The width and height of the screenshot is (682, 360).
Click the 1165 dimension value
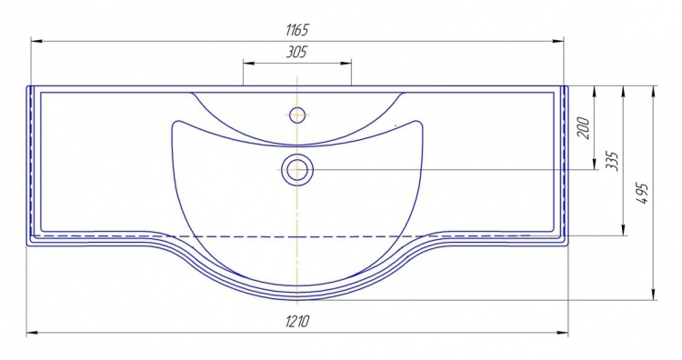(x=297, y=30)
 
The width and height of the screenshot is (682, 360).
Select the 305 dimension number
(x=296, y=52)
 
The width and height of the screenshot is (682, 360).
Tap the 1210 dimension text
(x=298, y=321)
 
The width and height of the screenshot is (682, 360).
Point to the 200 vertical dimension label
(x=584, y=128)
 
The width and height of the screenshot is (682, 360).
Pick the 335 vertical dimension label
(x=612, y=161)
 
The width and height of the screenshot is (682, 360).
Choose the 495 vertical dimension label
(x=643, y=194)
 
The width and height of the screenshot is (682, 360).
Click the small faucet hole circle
(x=297, y=115)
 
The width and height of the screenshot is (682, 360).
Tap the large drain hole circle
(x=297, y=169)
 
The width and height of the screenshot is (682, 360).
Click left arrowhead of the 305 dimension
(x=248, y=63)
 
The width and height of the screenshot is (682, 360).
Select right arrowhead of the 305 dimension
(x=346, y=63)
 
